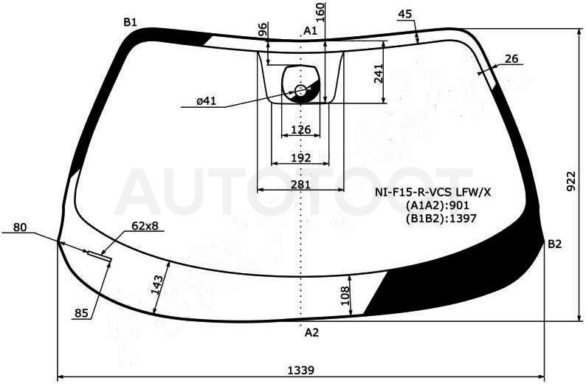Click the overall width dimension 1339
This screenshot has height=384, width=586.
[301, 370]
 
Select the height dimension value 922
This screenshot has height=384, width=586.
[571, 182]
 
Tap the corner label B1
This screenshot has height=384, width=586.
[130, 22]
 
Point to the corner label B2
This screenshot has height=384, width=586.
[554, 244]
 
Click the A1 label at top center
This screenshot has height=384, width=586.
[310, 31]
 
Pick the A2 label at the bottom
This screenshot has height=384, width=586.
[311, 332]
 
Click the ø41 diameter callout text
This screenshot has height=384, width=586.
[207, 100]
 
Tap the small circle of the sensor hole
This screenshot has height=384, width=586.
[301, 90]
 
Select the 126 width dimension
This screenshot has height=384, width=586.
[301, 129]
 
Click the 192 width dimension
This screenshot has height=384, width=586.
[301, 157]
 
